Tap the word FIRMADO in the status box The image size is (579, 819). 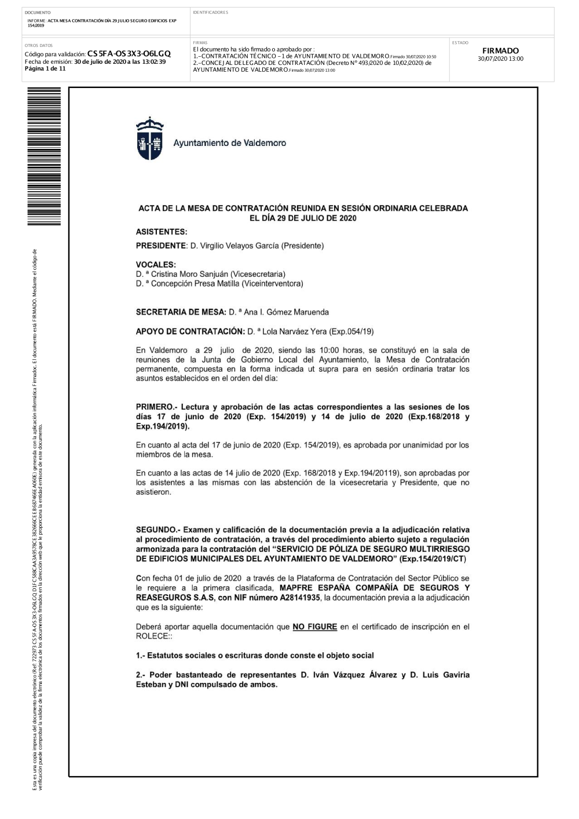click(x=501, y=51)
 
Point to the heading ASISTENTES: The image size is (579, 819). click(x=161, y=232)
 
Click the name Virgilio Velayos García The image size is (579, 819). click(x=234, y=246)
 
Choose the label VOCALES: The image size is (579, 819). click(x=156, y=265)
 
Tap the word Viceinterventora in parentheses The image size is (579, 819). click(x=272, y=284)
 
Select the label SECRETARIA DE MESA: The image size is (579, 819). click(x=180, y=312)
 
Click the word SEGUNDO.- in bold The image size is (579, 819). click(x=157, y=529)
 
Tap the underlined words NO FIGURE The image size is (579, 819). click(x=314, y=627)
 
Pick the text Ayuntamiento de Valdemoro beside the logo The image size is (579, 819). click(x=229, y=142)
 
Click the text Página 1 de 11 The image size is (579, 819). click(x=45, y=68)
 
